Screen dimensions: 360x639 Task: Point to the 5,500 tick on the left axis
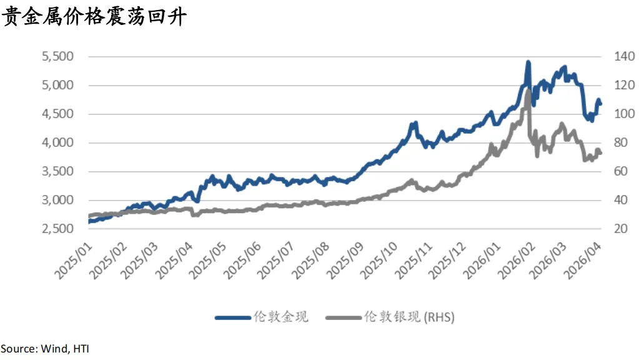[x=57, y=56]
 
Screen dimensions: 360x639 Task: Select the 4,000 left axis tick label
[x=57, y=142]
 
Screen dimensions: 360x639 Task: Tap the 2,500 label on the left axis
[x=57, y=229]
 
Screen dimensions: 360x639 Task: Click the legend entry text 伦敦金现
[x=280, y=317]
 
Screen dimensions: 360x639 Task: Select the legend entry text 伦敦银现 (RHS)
[x=409, y=317]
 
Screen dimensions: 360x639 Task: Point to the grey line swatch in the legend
[x=343, y=317]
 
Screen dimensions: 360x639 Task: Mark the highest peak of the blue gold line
[x=528, y=62]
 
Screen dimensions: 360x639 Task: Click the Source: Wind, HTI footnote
[x=44, y=348]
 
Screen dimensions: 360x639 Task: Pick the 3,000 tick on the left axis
[x=57, y=200]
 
